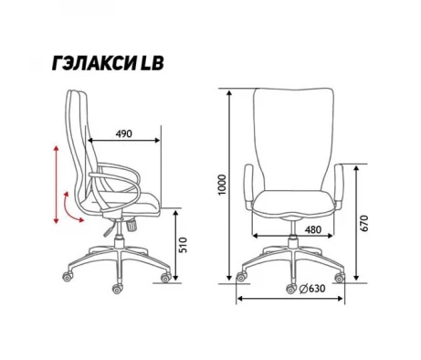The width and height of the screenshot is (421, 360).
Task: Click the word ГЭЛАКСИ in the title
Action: (x=94, y=64)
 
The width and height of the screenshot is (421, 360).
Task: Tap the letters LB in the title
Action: (x=152, y=64)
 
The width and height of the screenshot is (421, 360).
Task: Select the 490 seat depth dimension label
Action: (x=124, y=133)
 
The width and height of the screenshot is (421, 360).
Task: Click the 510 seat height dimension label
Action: (x=184, y=245)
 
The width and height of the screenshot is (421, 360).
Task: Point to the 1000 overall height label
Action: (x=223, y=185)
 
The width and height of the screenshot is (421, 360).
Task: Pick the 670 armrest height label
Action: (x=364, y=223)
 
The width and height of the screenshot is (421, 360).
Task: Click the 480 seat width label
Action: (x=313, y=229)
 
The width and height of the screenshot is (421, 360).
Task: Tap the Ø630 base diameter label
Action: (x=312, y=288)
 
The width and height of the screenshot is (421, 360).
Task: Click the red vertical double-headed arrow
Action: (x=56, y=185)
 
